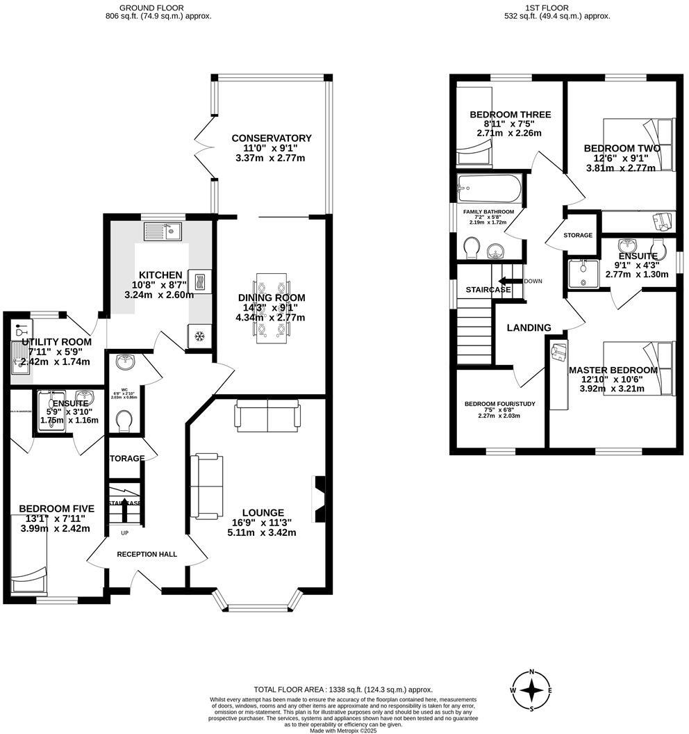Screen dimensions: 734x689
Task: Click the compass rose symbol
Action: click(x=531, y=690)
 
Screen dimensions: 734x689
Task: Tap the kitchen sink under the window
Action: click(x=162, y=231)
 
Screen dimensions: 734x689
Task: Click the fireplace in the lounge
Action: click(x=319, y=498)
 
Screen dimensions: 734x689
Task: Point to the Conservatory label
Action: click(x=272, y=138)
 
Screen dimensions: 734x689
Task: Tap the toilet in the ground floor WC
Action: click(x=126, y=421)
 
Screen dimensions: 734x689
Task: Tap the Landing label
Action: click(x=529, y=328)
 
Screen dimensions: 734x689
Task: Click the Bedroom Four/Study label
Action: click(x=499, y=403)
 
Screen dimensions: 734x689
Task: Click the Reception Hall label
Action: click(x=147, y=554)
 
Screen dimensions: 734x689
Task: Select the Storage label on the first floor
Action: click(x=578, y=236)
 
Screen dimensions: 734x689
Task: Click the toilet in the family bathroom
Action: click(x=471, y=247)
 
